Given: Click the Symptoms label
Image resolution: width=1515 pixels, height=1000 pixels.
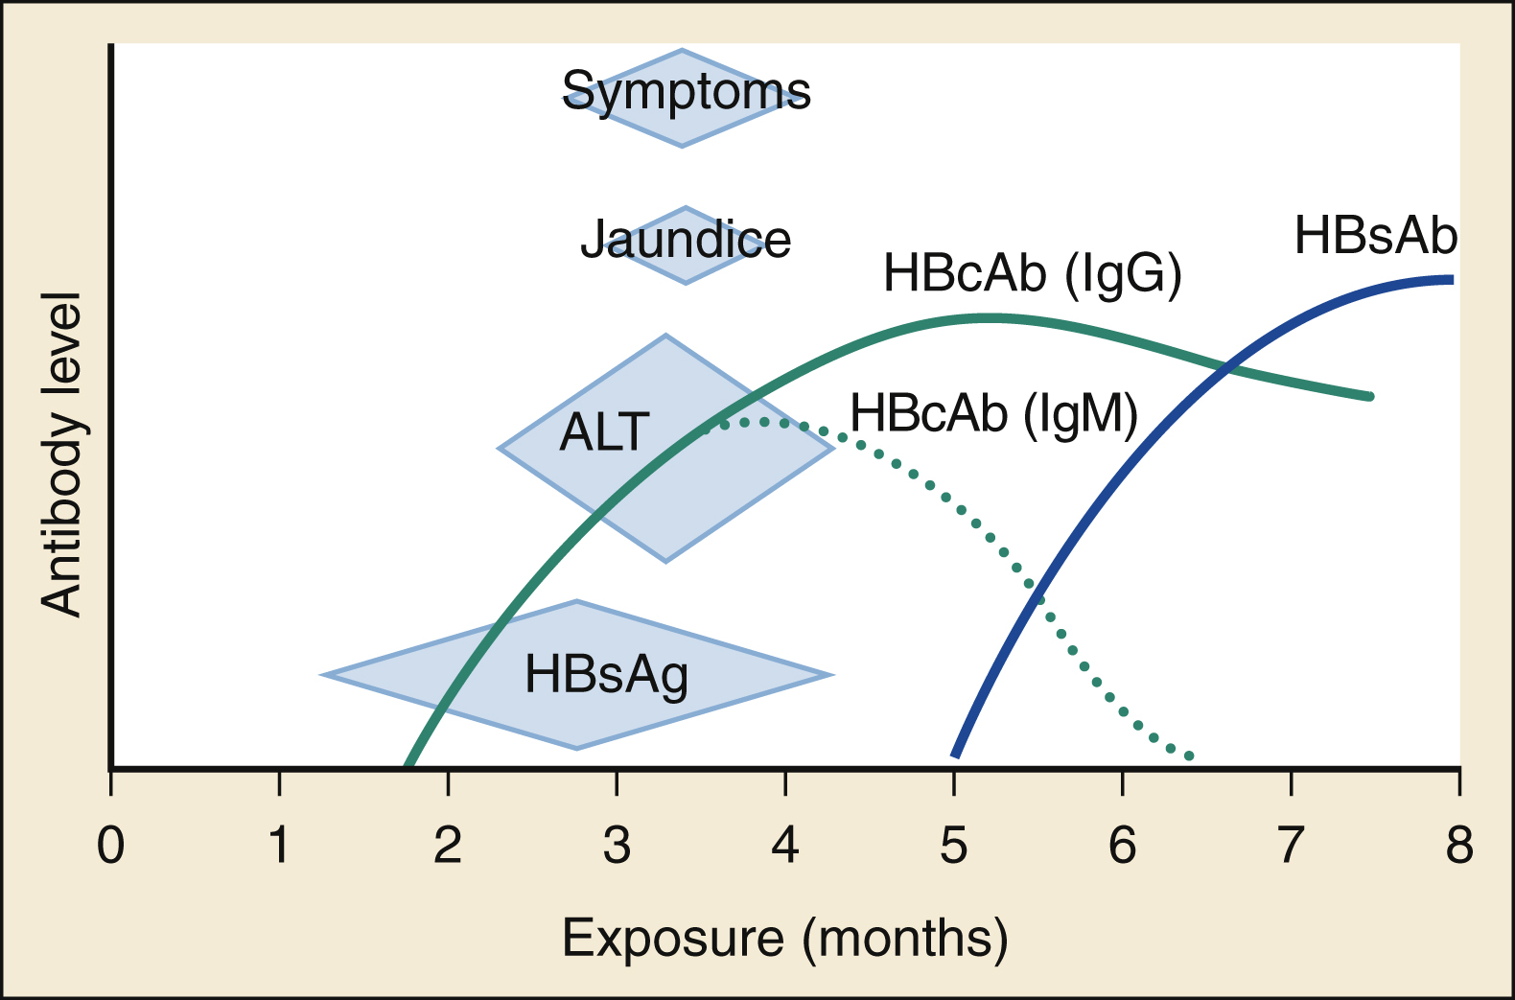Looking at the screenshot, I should (x=686, y=92).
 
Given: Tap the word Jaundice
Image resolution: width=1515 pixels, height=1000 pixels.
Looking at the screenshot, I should (x=686, y=240).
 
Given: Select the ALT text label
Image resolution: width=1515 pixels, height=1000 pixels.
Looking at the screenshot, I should (x=604, y=432).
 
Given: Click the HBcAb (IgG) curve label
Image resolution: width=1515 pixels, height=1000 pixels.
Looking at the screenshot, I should (x=1032, y=274).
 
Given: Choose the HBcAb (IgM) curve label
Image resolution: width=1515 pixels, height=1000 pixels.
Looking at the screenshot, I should (x=993, y=414).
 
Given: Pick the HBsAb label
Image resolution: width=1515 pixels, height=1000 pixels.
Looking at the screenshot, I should (x=1375, y=236).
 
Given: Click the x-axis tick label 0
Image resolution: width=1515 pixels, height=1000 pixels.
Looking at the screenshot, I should (x=111, y=846).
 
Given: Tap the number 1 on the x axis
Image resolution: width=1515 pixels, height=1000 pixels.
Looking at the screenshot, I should (x=279, y=846).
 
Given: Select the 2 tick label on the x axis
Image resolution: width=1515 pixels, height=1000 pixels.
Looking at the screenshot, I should (x=448, y=846).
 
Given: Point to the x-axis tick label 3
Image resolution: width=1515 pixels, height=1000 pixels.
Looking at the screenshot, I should (x=617, y=846).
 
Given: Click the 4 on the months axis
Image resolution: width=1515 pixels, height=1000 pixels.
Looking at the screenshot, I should (x=785, y=846).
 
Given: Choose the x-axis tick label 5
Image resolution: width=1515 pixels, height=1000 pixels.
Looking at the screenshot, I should (x=953, y=846).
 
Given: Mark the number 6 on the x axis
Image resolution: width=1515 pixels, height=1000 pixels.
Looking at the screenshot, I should (x=1122, y=846).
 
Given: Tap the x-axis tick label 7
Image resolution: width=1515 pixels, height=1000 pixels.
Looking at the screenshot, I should (x=1291, y=846).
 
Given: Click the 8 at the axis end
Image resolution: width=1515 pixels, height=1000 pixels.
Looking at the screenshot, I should (x=1458, y=846).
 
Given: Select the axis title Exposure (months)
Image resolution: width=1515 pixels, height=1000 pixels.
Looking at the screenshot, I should (x=784, y=938).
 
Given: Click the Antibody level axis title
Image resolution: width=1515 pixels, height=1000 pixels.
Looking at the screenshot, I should (x=62, y=453).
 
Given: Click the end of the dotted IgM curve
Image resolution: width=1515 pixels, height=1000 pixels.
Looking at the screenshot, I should (x=1190, y=756).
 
